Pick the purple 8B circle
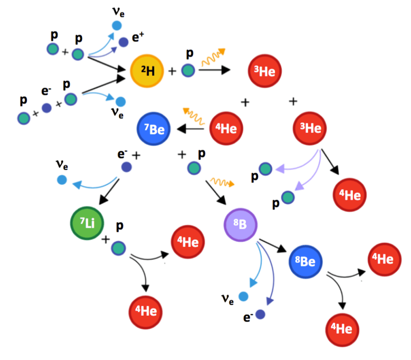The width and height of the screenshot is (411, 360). point(240,224)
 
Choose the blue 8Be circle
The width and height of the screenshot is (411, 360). point(305,261)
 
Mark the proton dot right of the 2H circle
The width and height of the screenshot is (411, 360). point(188,70)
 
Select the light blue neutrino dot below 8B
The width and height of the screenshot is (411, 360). point(243,296)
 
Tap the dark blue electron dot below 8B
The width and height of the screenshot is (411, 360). point(260,315)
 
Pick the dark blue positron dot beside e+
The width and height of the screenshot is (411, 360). point(124,42)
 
